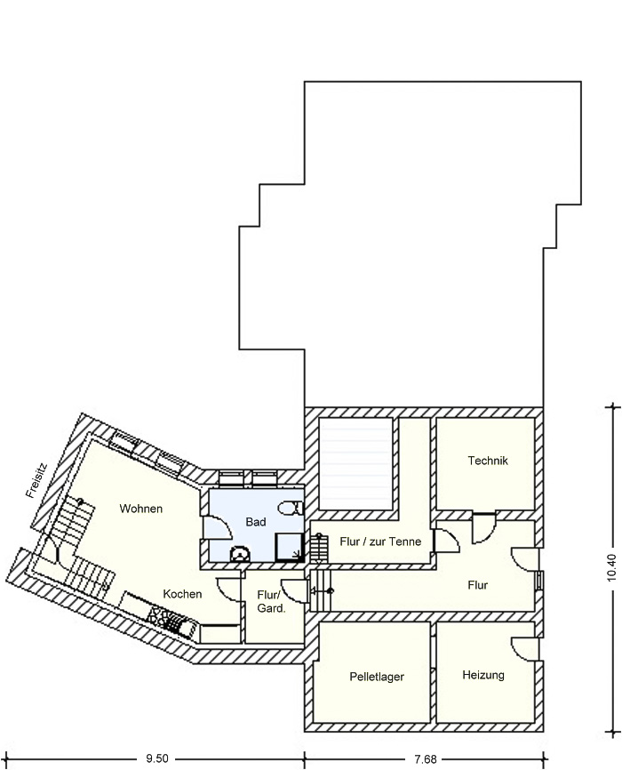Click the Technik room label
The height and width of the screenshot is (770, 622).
pos(488,461)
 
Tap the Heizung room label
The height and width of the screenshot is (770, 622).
pos(483,675)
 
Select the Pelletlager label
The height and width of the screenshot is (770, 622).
pos(377,677)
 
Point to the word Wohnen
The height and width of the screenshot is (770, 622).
pos(141,509)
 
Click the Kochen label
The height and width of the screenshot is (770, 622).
pos(182,594)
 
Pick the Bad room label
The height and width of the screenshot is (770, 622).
pos(256,522)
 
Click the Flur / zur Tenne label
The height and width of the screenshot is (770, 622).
pos(380,541)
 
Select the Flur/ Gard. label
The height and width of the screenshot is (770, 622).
pos(271,602)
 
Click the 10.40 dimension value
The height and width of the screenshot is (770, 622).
pos(611,567)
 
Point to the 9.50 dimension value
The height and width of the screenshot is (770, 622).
pos(157,759)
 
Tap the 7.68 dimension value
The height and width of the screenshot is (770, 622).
pos(425,759)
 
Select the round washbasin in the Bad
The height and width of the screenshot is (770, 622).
pos(240,553)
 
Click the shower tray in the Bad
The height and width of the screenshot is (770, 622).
pos(290,548)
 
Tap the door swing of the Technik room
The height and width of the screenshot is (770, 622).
pos(484,528)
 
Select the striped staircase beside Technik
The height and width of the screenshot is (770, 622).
pos(356,463)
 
